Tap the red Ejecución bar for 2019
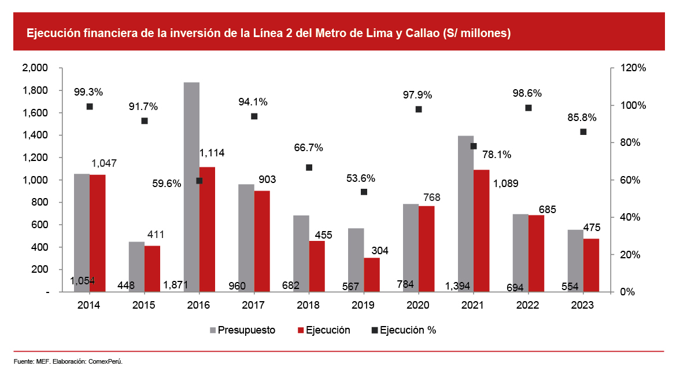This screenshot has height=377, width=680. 372,274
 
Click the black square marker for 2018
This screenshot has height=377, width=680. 309,167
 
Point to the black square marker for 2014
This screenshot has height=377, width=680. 90,107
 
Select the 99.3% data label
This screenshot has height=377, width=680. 88,92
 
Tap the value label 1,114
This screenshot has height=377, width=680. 212,153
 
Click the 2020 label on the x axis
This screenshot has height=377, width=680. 418,305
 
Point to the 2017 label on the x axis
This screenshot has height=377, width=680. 253,305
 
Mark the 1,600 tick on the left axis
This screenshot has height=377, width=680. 35,113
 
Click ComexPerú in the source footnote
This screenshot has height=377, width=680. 105,362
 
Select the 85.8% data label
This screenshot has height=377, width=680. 582,118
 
